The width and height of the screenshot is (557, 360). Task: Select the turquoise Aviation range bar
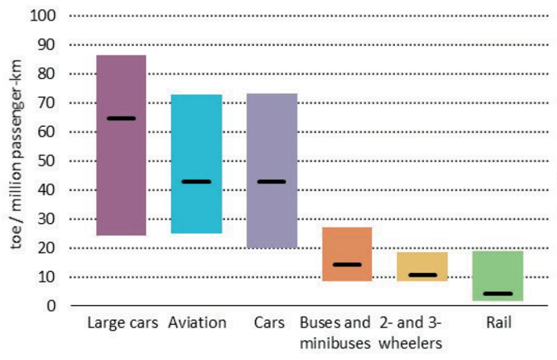(196, 139)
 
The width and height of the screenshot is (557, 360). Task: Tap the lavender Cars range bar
(272, 139)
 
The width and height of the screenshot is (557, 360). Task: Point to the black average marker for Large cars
(121, 118)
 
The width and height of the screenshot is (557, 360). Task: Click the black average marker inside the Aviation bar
(196, 181)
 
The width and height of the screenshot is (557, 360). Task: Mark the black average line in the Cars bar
(272, 181)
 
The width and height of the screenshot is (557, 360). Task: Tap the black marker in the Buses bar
(347, 265)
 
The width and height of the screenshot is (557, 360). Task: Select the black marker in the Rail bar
(498, 294)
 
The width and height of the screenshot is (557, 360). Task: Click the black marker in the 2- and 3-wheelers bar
(422, 275)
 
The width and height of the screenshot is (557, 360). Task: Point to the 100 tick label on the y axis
(43, 16)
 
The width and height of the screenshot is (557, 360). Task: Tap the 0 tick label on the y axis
(51, 306)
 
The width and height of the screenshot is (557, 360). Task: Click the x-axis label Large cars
(123, 322)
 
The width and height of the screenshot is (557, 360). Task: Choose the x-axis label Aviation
(197, 322)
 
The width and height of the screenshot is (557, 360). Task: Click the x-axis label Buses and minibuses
(335, 333)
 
